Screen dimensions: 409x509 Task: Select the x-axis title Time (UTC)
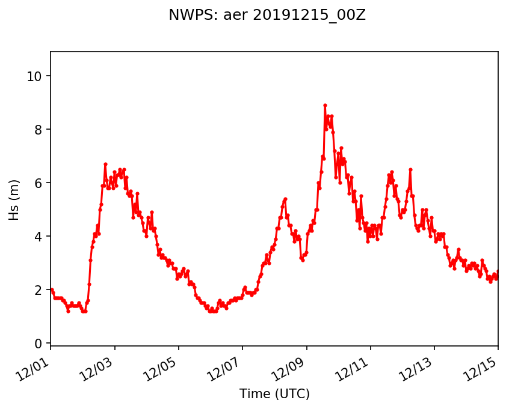[274, 394]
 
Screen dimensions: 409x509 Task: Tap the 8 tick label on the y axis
[38, 130]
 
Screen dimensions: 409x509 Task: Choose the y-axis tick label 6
[38, 183]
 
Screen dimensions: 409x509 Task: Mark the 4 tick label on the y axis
[38, 237]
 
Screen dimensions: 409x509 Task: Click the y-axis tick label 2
[38, 290]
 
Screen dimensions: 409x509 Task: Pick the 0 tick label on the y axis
[38, 344]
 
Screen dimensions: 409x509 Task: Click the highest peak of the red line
[325, 105]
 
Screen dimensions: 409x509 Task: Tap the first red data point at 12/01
[51, 289]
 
